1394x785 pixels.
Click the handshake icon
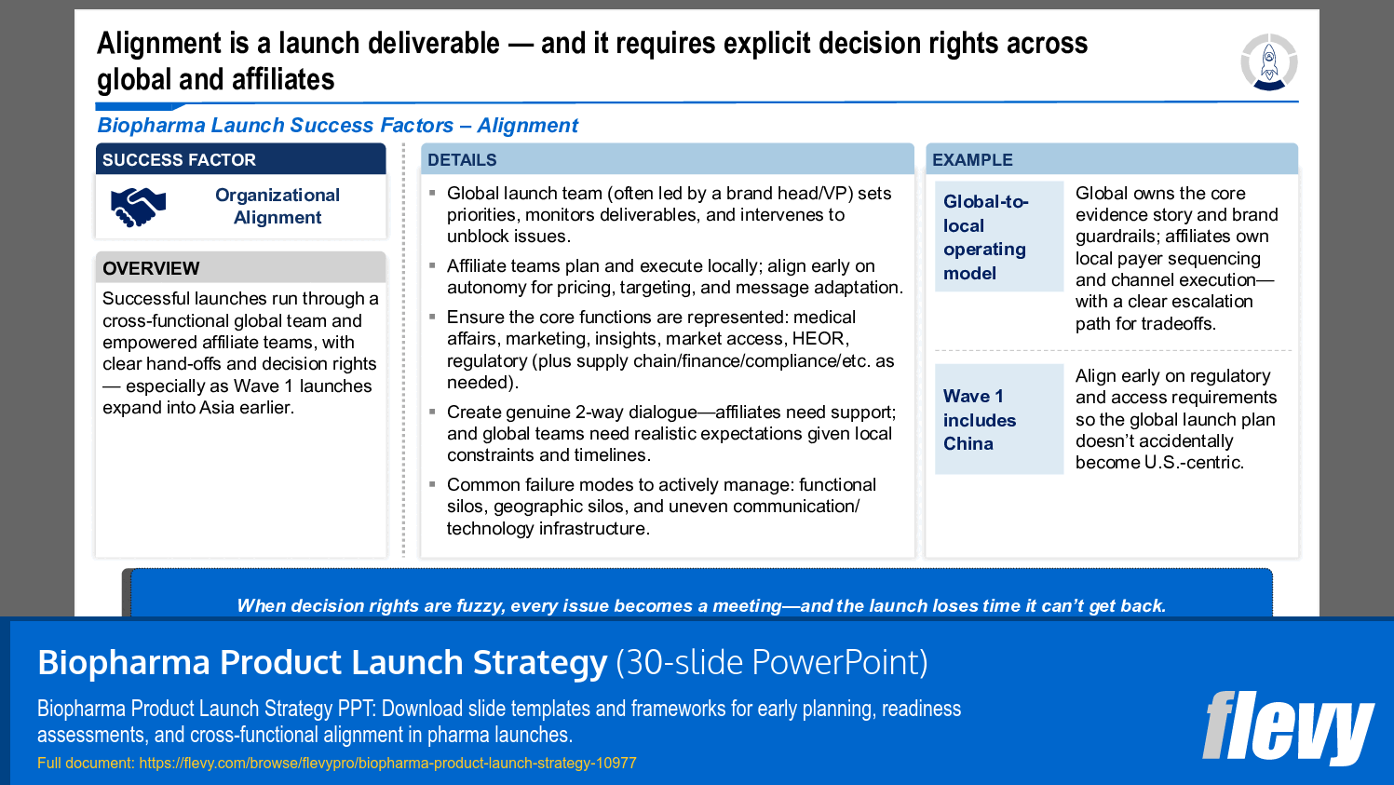point(138,207)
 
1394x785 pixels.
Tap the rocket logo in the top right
point(1268,62)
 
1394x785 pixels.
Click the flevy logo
point(1287,727)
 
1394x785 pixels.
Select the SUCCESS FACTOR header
point(179,160)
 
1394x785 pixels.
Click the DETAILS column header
point(462,160)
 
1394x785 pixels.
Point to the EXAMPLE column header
point(972,160)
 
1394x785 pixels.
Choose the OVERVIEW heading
point(151,268)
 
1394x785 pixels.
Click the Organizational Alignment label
point(277,206)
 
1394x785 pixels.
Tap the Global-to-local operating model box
point(998,237)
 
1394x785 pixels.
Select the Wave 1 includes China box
point(998,419)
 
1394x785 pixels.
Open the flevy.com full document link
point(387,763)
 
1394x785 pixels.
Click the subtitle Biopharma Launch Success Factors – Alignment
point(337,126)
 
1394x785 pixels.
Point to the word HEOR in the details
point(819,339)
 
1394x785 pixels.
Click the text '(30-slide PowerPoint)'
point(771,662)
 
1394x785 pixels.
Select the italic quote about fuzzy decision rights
point(700,605)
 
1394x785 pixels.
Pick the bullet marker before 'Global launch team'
point(432,193)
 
